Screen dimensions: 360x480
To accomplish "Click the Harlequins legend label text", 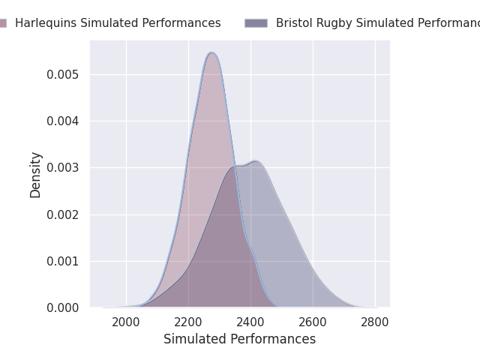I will tap(118, 23).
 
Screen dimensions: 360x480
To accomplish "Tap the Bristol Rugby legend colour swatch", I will tap(256, 23).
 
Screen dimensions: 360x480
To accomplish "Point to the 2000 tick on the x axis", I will tap(126, 322).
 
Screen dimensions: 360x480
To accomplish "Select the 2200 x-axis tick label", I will tap(188, 322).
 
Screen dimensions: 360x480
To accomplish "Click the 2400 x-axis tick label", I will tap(250, 322).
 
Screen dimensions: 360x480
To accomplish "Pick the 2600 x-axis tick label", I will tap(313, 322).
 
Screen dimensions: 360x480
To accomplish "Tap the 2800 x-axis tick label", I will tap(375, 322).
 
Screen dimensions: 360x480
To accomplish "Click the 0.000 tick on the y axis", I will tap(64, 308).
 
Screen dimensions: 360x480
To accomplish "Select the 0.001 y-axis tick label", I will tap(64, 262).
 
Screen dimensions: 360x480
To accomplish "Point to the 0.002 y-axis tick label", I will tap(64, 214).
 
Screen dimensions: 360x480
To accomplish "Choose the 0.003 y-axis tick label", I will tap(64, 168).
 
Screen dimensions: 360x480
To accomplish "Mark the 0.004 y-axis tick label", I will tap(64, 121).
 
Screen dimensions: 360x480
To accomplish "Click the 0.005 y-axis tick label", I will tap(64, 75).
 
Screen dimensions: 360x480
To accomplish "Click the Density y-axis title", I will tap(35, 175).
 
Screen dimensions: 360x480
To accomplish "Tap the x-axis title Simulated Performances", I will tap(239, 339).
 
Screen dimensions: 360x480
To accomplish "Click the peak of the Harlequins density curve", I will tap(211, 52).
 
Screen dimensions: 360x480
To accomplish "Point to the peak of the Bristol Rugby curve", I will tap(255, 161).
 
